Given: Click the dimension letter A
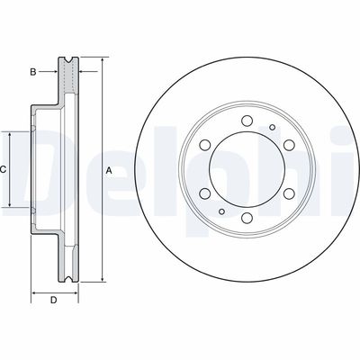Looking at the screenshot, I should click(x=109, y=169).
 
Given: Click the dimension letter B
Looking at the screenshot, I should click(x=33, y=70).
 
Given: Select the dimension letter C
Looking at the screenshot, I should click(x=4, y=169).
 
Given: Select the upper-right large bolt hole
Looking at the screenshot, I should click(x=290, y=146).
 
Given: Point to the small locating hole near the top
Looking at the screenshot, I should click(x=269, y=128).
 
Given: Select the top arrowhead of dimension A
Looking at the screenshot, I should click(x=102, y=61).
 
